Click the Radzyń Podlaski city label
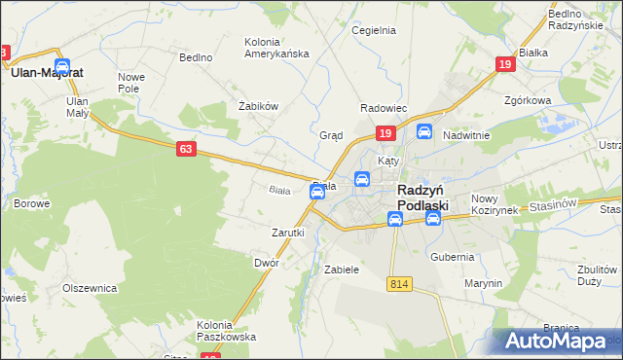pyautogui.click(x=422, y=198)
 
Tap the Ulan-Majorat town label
pyautogui.click(x=46, y=71)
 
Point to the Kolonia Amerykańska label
pyautogui.click(x=277, y=47)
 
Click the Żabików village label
pyautogui.click(x=259, y=106)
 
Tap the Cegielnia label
pyautogui.click(x=374, y=30)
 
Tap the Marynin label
pyautogui.click(x=483, y=283)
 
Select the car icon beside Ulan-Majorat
pyautogui.click(x=62, y=66)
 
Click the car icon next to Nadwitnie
pyautogui.click(x=423, y=131)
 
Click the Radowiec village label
pyautogui.click(x=383, y=108)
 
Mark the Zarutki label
pyautogui.click(x=288, y=233)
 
